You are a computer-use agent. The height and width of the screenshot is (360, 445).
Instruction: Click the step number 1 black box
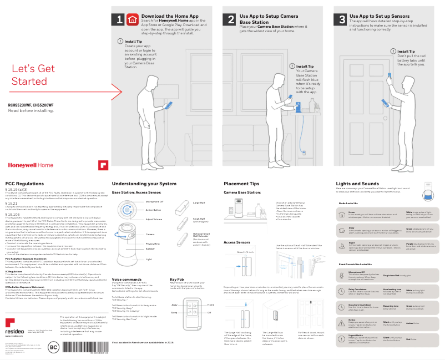click(x=120, y=19)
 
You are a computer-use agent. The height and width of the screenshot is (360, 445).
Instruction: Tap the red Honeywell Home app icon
click(x=133, y=19)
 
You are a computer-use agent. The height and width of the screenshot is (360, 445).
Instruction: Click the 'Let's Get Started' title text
click(x=33, y=75)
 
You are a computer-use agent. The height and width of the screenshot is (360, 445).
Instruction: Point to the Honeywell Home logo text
click(x=31, y=165)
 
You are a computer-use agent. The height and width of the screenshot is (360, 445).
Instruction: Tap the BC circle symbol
click(x=54, y=348)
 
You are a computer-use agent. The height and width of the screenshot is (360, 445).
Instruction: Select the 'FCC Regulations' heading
click(x=24, y=184)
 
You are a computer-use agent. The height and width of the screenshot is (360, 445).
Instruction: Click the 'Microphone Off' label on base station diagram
click(x=154, y=202)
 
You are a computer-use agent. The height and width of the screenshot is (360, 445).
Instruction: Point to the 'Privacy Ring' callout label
click(x=153, y=244)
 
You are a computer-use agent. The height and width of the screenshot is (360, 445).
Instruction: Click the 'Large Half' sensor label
click(x=199, y=203)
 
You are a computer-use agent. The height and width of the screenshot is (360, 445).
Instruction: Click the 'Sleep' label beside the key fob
click(x=174, y=312)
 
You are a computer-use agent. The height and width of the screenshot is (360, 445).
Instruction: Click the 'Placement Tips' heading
click(x=241, y=184)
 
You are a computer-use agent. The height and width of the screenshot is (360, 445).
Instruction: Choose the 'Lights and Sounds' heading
click(x=357, y=184)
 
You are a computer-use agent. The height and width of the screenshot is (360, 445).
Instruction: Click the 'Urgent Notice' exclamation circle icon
click(x=341, y=338)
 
